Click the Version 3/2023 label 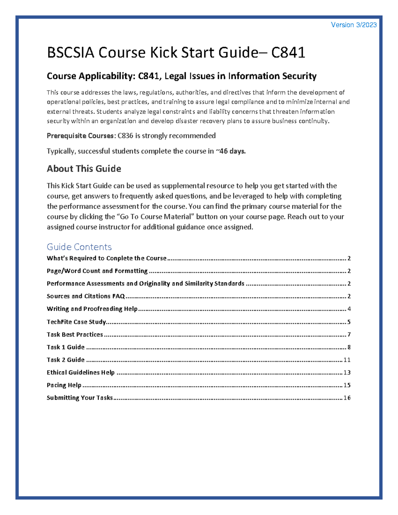[354, 25]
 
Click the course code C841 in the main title [288, 53]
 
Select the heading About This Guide [84, 169]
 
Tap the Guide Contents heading [79, 247]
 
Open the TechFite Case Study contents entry [76, 322]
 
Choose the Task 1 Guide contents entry [66, 347]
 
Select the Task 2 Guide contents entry [66, 360]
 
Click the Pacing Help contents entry [64, 385]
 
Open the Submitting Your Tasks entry [80, 398]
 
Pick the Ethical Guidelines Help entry [81, 372]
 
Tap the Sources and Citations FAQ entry [86, 296]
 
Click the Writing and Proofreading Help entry [92, 309]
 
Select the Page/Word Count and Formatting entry [97, 271]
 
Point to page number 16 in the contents [347, 398]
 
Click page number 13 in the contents [347, 372]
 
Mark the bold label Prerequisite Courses [80, 136]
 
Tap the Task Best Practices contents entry [75, 335]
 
